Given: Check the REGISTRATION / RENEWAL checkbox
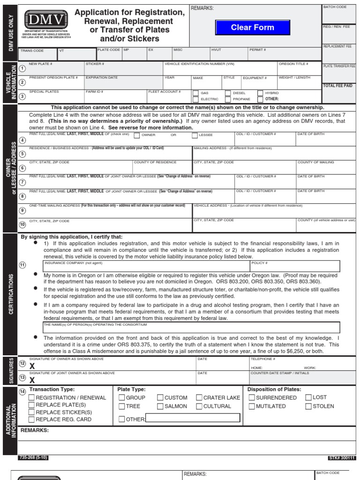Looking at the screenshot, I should [x=32, y=397].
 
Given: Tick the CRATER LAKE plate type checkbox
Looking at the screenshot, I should [x=199, y=397].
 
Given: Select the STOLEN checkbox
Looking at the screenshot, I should [x=308, y=406].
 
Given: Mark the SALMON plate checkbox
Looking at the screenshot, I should [x=160, y=406].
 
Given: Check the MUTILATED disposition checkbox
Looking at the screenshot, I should [x=252, y=406].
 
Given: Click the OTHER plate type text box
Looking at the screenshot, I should [x=193, y=418].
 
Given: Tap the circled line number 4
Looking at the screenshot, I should [x=22, y=140].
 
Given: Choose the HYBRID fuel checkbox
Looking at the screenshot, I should [x=260, y=93].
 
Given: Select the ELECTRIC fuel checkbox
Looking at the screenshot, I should [x=195, y=99].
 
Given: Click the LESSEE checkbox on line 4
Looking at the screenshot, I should [x=195, y=135].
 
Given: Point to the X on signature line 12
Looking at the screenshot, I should [x=32, y=366].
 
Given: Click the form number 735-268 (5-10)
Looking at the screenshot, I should [x=33, y=457].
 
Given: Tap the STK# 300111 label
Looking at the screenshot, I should [x=341, y=457].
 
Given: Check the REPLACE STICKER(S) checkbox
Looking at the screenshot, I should [x=32, y=412].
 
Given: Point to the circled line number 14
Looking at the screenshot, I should [x=22, y=391].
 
